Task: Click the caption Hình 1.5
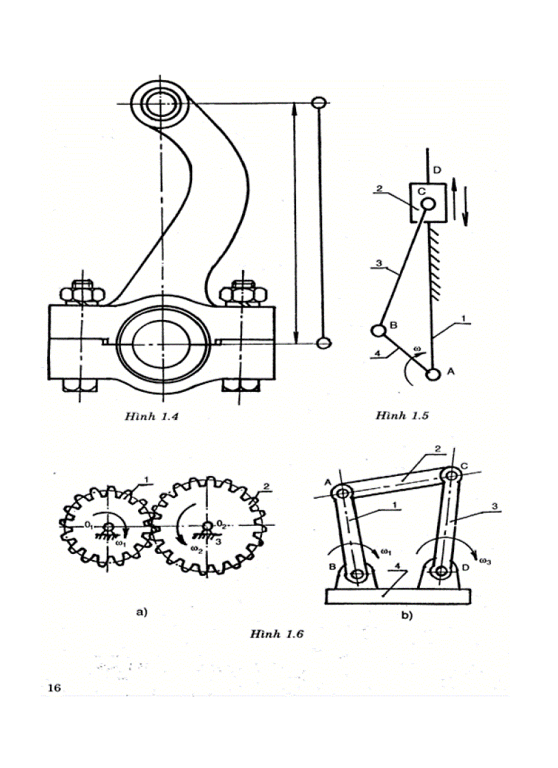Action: pyautogui.click(x=401, y=415)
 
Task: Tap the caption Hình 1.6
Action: pyautogui.click(x=276, y=634)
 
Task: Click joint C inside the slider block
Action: pyautogui.click(x=428, y=203)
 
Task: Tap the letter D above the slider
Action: pyautogui.click(x=436, y=169)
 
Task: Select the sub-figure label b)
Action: pyautogui.click(x=406, y=615)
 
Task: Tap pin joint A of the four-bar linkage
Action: pyautogui.click(x=344, y=492)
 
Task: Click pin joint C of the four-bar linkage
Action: pyautogui.click(x=449, y=474)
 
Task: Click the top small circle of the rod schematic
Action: pyautogui.click(x=318, y=103)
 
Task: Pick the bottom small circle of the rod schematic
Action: pyautogui.click(x=325, y=342)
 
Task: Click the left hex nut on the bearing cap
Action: pyautogui.click(x=81, y=293)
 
